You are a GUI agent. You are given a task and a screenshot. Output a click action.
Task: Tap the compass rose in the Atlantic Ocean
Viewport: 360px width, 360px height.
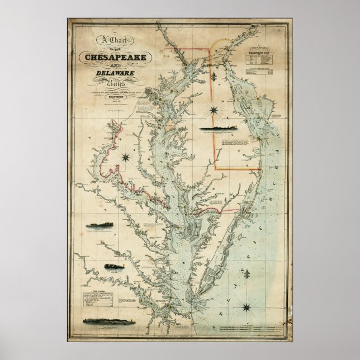(245, 305)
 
